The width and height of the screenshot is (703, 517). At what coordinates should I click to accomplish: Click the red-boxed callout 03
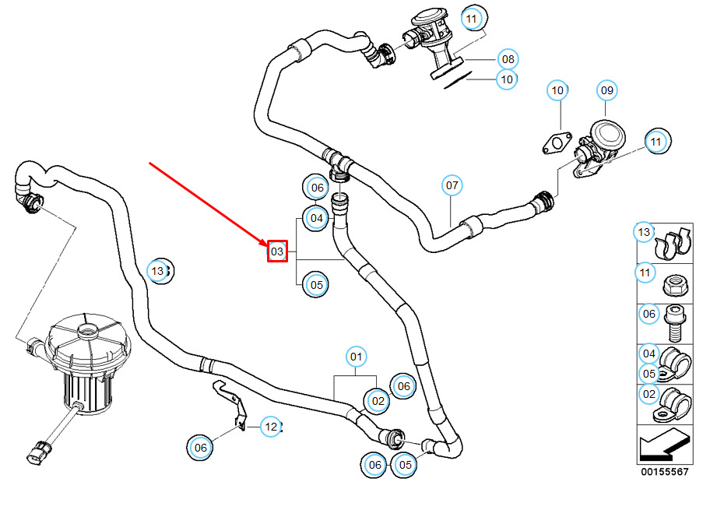pyautogui.click(x=277, y=251)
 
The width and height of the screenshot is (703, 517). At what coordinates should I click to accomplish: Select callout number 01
pyautogui.click(x=356, y=357)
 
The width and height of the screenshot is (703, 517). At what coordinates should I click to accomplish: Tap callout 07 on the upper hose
pyautogui.click(x=452, y=185)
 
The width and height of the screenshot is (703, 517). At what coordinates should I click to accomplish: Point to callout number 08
pyautogui.click(x=508, y=59)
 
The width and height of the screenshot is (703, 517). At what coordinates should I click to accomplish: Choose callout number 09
pyautogui.click(x=606, y=90)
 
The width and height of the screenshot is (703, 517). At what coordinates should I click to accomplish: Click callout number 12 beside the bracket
pyautogui.click(x=271, y=427)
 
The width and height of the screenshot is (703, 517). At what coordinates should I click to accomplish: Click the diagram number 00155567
pyautogui.click(x=664, y=472)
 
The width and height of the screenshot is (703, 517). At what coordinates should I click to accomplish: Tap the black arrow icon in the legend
pyautogui.click(x=664, y=445)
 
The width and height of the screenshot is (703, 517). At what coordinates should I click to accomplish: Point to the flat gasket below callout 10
pyautogui.click(x=557, y=142)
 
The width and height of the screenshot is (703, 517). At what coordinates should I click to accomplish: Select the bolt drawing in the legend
pyautogui.click(x=676, y=323)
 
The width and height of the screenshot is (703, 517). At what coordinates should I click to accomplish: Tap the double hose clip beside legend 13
pyautogui.click(x=672, y=244)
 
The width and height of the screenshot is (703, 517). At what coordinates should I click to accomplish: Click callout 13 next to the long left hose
pyautogui.click(x=158, y=271)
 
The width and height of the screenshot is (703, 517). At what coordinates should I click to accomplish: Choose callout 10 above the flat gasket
pyautogui.click(x=557, y=90)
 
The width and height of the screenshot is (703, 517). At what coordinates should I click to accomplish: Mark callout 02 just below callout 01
pyautogui.click(x=378, y=401)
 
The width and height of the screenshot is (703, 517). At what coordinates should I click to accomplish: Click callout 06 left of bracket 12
pyautogui.click(x=200, y=447)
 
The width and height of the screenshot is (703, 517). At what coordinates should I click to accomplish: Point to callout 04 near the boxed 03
pyautogui.click(x=317, y=218)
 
